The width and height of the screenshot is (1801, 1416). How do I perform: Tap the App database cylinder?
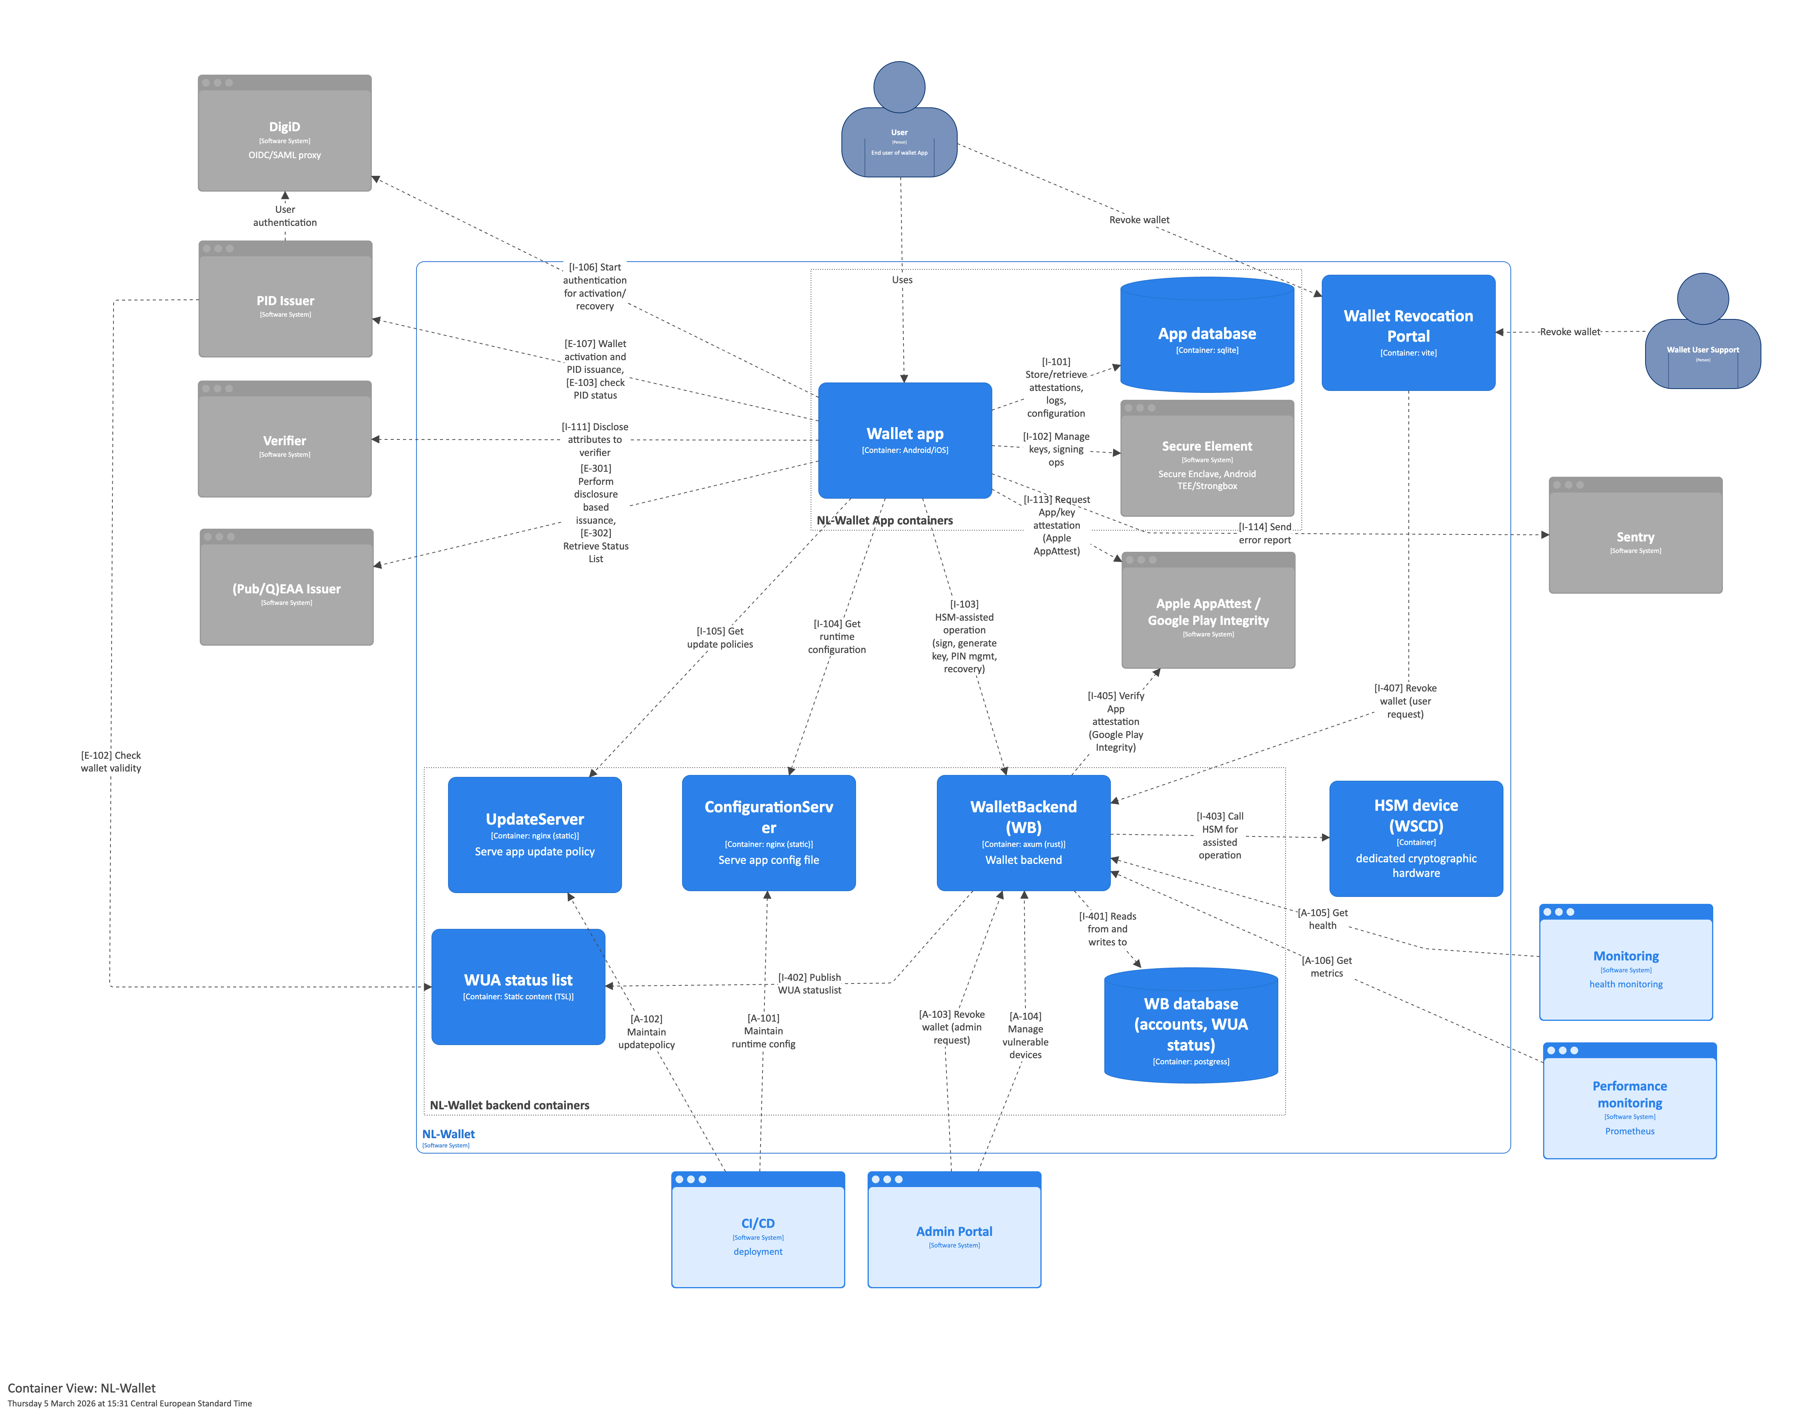pyautogui.click(x=1206, y=336)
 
